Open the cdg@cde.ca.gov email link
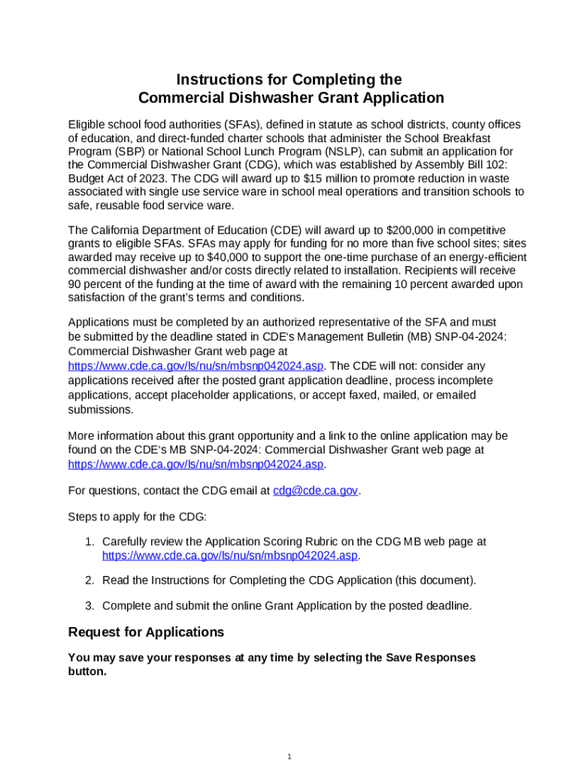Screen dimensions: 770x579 click(x=315, y=490)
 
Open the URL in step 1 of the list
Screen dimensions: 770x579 click(x=230, y=556)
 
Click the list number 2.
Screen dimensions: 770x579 click(x=88, y=581)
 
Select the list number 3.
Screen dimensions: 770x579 click(x=88, y=605)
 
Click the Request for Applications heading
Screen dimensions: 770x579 click(x=146, y=632)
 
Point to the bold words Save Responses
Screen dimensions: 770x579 click(x=431, y=658)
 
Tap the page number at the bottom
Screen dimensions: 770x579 click(x=289, y=756)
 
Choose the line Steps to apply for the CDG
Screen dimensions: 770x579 click(x=137, y=517)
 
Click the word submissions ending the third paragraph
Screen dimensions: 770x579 click(x=101, y=409)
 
